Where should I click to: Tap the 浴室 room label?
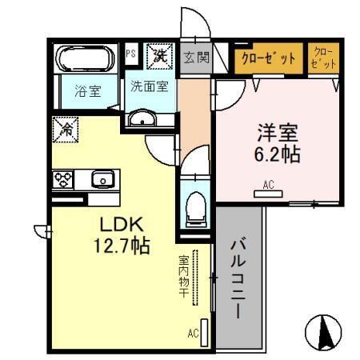(87, 91)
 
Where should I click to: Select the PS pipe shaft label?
(131, 54)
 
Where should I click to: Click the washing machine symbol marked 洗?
(160, 56)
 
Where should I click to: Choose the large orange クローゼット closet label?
(269, 58)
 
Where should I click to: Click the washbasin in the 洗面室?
(145, 119)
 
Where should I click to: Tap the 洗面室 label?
(150, 87)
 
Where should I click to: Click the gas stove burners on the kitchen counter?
(63, 178)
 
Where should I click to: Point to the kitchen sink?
(102, 178)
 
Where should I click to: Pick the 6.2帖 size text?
(279, 153)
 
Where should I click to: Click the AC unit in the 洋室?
(269, 192)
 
